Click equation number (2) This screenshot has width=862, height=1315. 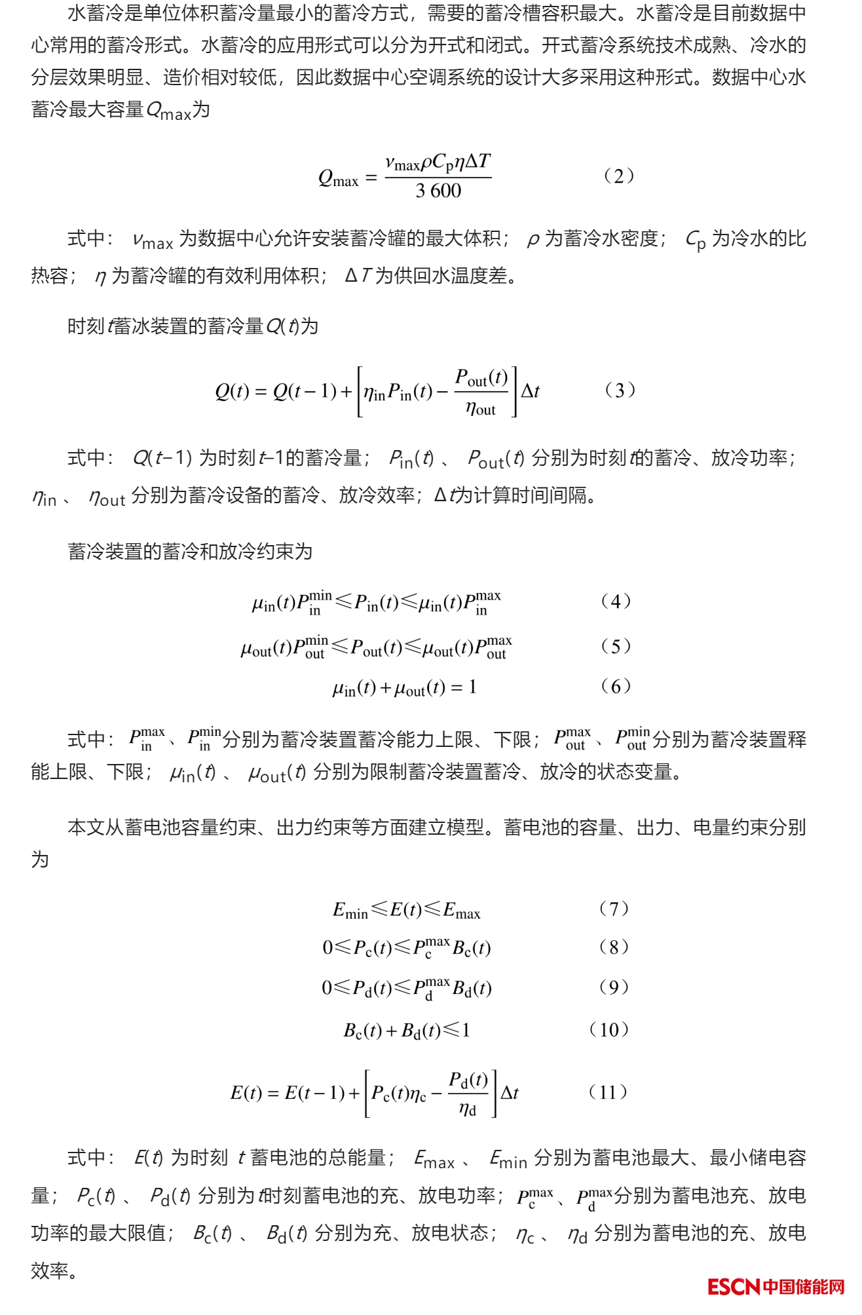pyautogui.click(x=618, y=176)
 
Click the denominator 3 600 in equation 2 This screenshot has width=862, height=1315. pyautogui.click(x=438, y=191)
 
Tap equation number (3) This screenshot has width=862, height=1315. pyautogui.click(x=619, y=391)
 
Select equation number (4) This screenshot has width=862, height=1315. pyautogui.click(x=616, y=601)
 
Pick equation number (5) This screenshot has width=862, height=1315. pyautogui.click(x=616, y=647)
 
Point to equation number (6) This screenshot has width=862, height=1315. pyautogui.click(x=616, y=687)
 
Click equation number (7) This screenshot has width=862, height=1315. pyautogui.click(x=614, y=909)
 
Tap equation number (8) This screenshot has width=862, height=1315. pyautogui.click(x=614, y=947)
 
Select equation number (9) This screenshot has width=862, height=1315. pyautogui.click(x=614, y=987)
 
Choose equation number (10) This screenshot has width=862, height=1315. pyautogui.click(x=609, y=1029)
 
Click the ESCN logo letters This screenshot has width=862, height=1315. pyautogui.click(x=734, y=1287)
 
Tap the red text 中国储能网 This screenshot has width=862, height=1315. pyautogui.click(x=804, y=1287)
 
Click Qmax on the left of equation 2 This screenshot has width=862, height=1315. pyautogui.click(x=338, y=178)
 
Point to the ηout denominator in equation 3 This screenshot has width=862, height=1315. pyautogui.click(x=481, y=410)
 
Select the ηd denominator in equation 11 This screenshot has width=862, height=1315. pyautogui.click(x=468, y=1109)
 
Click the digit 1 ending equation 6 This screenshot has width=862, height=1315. pyautogui.click(x=472, y=687)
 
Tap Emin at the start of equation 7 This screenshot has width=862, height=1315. pyautogui.click(x=350, y=911)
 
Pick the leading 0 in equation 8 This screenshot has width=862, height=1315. pyautogui.click(x=328, y=948)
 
